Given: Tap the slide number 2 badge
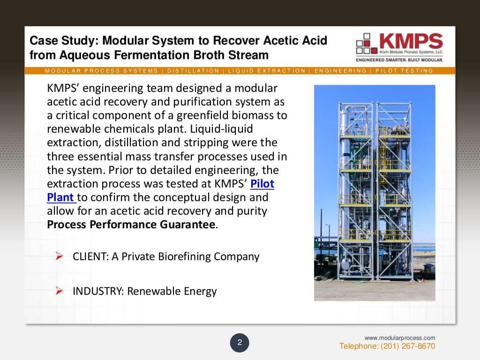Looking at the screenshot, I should tap(240, 343).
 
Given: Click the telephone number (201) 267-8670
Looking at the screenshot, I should tap(387, 346).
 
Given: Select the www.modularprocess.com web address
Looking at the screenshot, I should tap(400, 337).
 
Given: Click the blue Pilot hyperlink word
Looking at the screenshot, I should tap(262, 184).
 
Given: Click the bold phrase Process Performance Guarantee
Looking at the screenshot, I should tap(132, 224).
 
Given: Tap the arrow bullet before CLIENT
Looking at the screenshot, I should tap(59, 256).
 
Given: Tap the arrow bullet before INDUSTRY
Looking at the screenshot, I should tap(59, 291).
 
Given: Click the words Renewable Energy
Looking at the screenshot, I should tap(172, 291).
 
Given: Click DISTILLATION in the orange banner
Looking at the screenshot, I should tap(193, 71).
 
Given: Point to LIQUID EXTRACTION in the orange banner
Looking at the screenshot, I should tap(267, 71).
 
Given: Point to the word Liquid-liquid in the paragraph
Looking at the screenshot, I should tap(223, 129).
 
